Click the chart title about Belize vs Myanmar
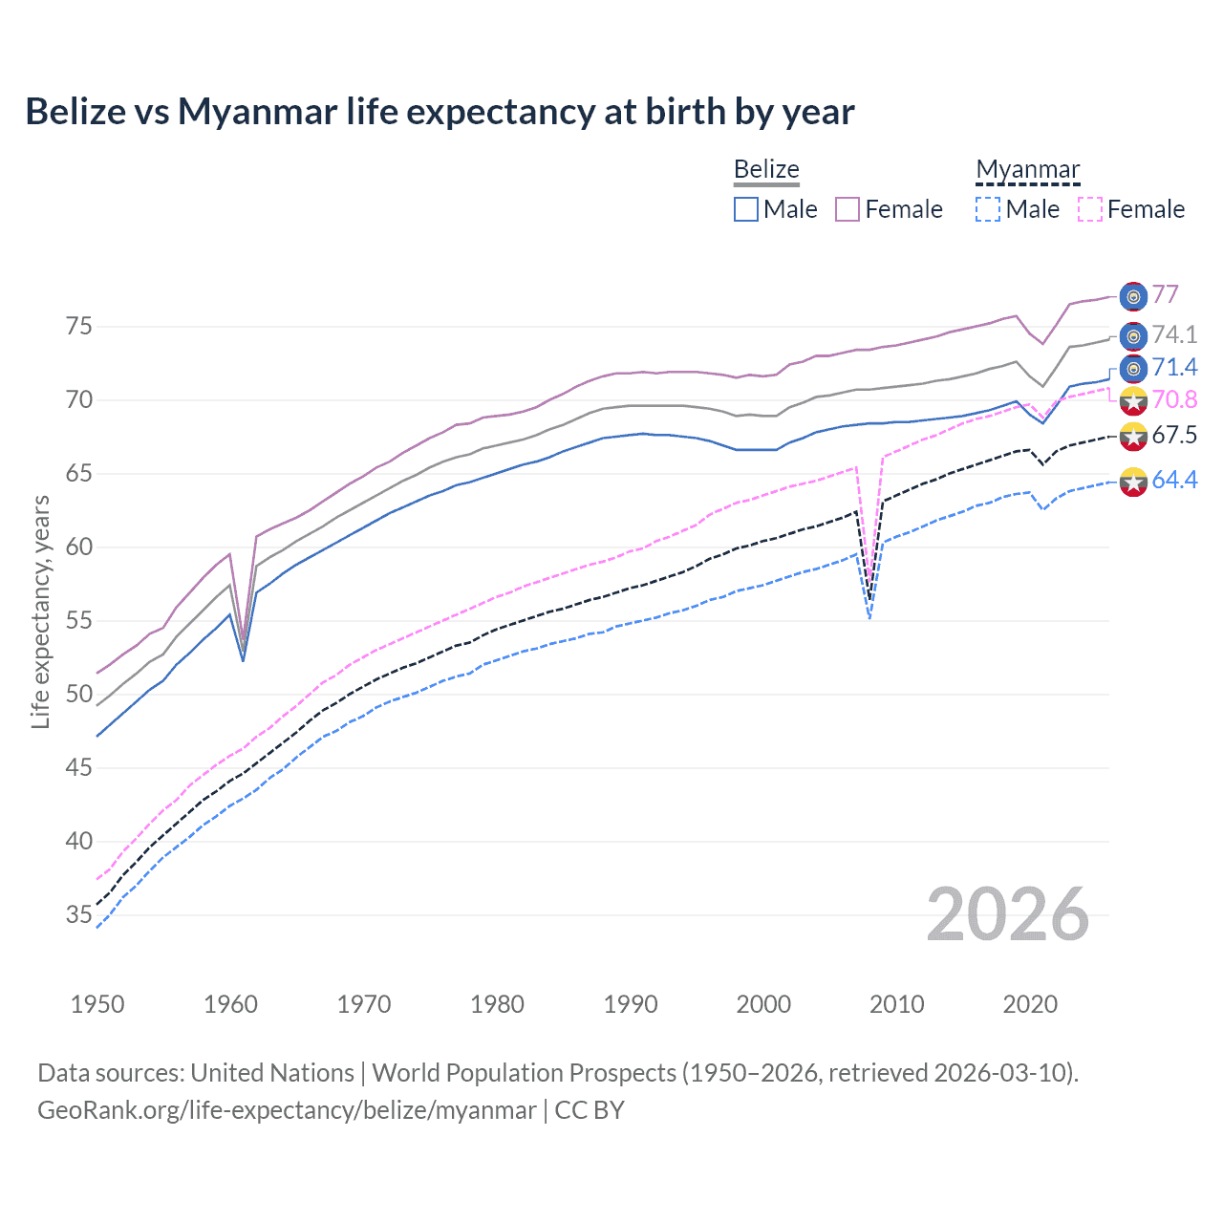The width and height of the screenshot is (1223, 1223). (440, 112)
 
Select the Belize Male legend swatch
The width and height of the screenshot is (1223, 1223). (746, 209)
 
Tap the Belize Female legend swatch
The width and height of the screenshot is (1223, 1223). (848, 209)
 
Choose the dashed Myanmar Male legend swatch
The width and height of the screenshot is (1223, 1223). (988, 209)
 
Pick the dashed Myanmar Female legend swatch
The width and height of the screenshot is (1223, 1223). (1090, 209)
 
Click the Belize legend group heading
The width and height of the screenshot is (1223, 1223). (766, 169)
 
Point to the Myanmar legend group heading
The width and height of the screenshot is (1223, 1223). (1028, 169)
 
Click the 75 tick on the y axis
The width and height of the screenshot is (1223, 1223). (79, 327)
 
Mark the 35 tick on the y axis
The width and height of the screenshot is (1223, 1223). (79, 915)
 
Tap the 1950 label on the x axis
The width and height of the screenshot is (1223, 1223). (97, 1004)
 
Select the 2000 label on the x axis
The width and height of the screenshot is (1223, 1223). (764, 1004)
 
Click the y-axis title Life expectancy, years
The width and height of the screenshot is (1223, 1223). (40, 611)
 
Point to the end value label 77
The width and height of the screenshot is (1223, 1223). (1165, 294)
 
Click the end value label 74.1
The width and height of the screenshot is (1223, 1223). (1174, 334)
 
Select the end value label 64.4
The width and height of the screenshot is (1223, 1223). (1174, 480)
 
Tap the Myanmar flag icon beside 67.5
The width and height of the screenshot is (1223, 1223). (1133, 437)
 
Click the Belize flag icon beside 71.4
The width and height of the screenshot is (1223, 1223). (1133, 369)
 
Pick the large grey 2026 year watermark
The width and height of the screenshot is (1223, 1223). (1008, 914)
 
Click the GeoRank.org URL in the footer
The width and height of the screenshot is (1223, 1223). (287, 1110)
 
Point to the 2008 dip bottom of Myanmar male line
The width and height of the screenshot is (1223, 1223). (869, 618)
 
